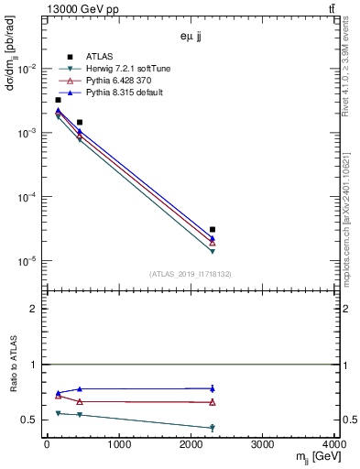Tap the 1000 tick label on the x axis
point(119,446)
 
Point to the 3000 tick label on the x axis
point(264,446)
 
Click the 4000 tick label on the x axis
point(335,446)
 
